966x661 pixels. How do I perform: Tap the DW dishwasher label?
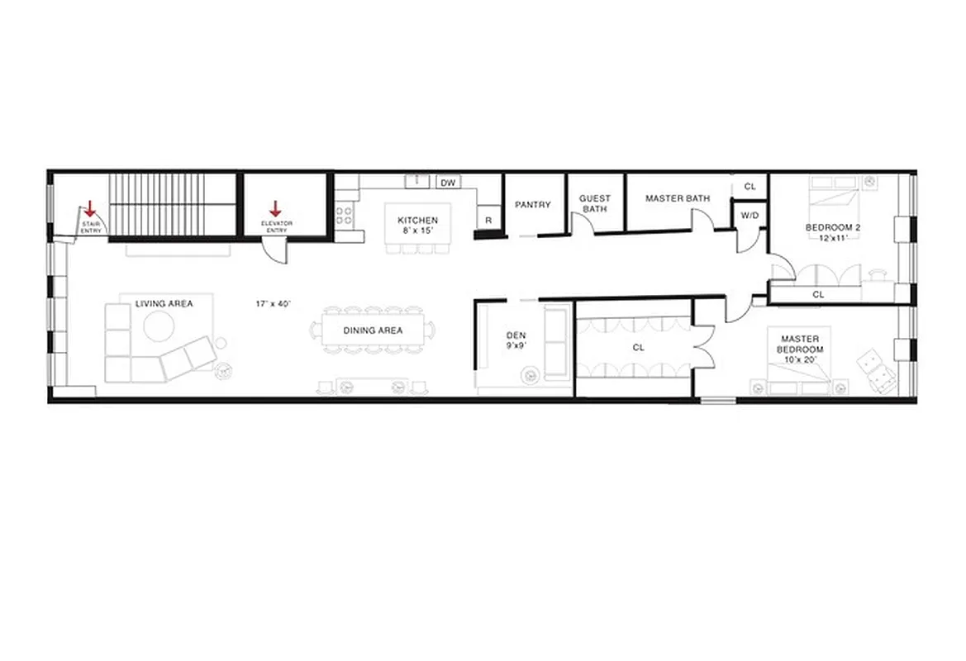pyautogui.click(x=448, y=183)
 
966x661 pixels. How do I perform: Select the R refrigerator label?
pyautogui.click(x=488, y=221)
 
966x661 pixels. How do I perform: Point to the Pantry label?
pyautogui.click(x=533, y=205)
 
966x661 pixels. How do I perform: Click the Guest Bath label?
pyautogui.click(x=595, y=204)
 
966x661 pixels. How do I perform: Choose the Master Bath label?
pyautogui.click(x=678, y=198)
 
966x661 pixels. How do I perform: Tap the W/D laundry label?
pyautogui.click(x=749, y=216)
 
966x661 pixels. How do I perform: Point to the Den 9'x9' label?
pyautogui.click(x=516, y=341)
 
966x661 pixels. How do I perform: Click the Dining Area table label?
pyautogui.click(x=373, y=330)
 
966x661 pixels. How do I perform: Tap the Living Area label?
pyautogui.click(x=164, y=304)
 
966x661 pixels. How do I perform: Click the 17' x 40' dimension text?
pyautogui.click(x=274, y=304)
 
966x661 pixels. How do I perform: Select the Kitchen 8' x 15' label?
pyautogui.click(x=418, y=226)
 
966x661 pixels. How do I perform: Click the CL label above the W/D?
pyautogui.click(x=749, y=187)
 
